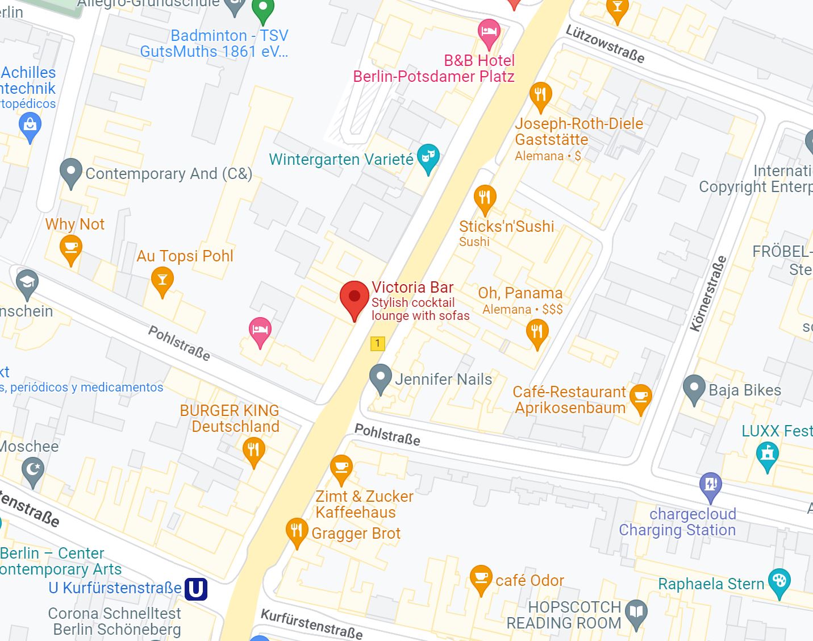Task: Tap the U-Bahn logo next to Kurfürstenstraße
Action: tap(196, 589)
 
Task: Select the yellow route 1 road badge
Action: tap(377, 343)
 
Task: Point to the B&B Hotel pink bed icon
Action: tap(489, 31)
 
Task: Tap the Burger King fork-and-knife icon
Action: tap(253, 450)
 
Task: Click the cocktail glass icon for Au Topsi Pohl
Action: tap(162, 280)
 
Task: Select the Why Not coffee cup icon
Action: tap(71, 248)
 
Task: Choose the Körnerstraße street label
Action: tap(708, 294)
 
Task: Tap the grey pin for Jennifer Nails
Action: tap(380, 377)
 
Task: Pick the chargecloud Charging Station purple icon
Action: tap(710, 485)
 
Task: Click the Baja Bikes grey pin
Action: tap(694, 388)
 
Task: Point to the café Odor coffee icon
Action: tap(481, 578)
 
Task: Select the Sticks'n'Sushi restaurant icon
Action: tap(485, 198)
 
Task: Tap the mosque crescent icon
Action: tap(33, 471)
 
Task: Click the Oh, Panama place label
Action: tap(520, 293)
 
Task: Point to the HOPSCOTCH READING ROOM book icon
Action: tap(636, 613)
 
